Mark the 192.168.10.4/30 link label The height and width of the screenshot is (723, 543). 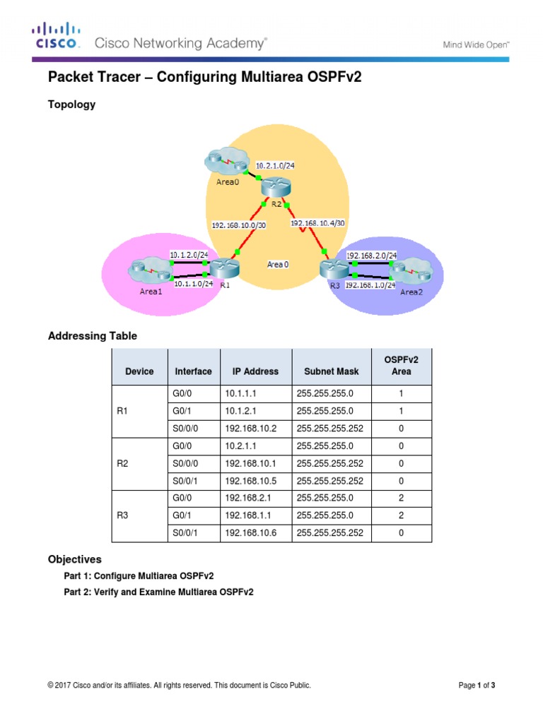click(317, 223)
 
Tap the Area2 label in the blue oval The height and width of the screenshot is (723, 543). click(411, 292)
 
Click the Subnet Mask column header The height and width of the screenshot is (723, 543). click(331, 371)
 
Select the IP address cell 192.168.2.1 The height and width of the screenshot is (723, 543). click(245, 498)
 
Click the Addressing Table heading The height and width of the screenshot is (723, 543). click(92, 336)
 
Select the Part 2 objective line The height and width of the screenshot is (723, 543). click(158, 592)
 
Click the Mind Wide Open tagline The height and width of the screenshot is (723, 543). click(476, 44)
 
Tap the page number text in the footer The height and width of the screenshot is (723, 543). click(481, 685)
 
